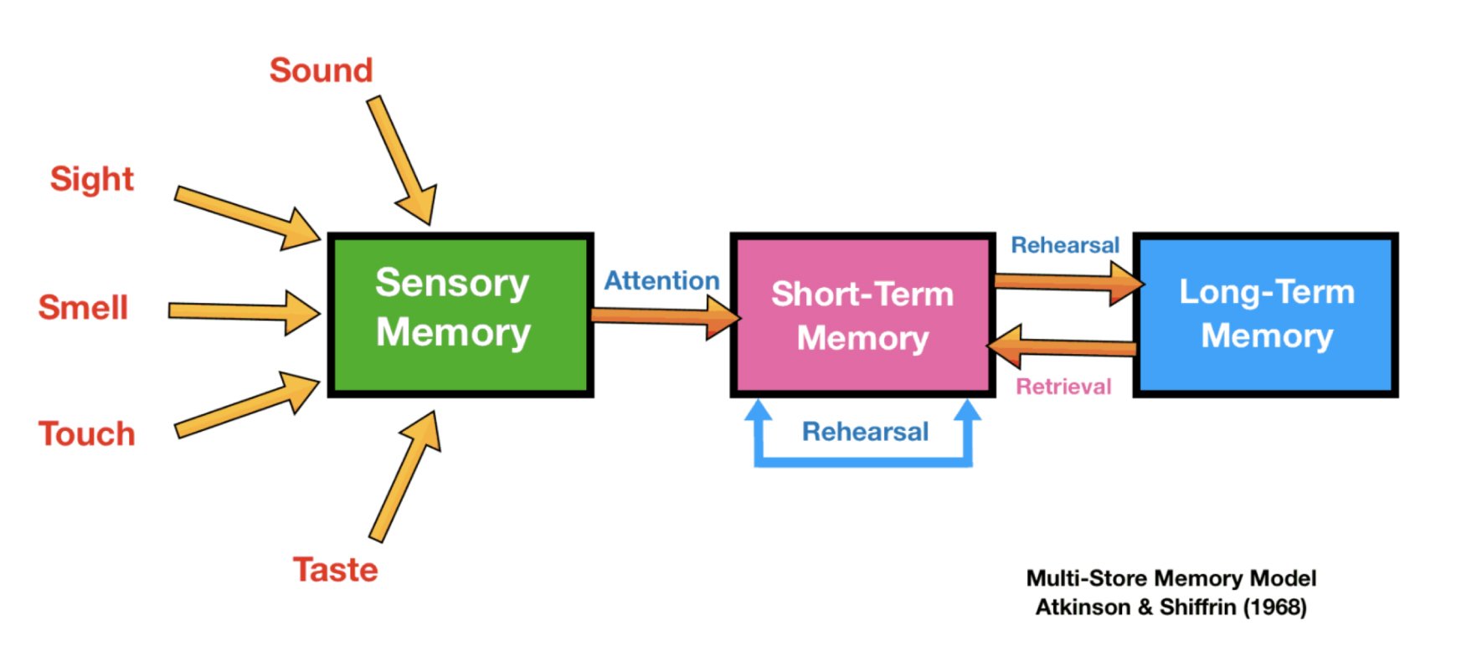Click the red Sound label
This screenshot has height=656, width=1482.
coord(321,70)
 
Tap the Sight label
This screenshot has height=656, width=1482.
coord(91,179)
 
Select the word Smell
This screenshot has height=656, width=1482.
coord(83,308)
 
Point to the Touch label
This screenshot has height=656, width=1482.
coord(87,434)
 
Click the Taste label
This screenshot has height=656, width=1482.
coord(335,570)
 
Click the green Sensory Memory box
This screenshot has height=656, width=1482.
coord(460,315)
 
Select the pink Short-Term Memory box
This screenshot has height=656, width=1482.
coord(862,315)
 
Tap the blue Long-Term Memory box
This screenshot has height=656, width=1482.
coord(1265,314)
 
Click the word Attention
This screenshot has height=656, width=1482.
coord(661,280)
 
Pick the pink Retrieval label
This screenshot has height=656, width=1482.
coord(1063,387)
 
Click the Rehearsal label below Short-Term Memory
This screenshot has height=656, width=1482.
coord(865,432)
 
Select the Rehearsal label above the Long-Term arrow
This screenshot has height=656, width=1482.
coord(1064,245)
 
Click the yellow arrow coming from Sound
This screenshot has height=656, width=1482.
coord(401,159)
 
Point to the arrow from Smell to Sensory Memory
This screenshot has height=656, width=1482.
coord(243,312)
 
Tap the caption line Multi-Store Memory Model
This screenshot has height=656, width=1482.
coord(1171,578)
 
